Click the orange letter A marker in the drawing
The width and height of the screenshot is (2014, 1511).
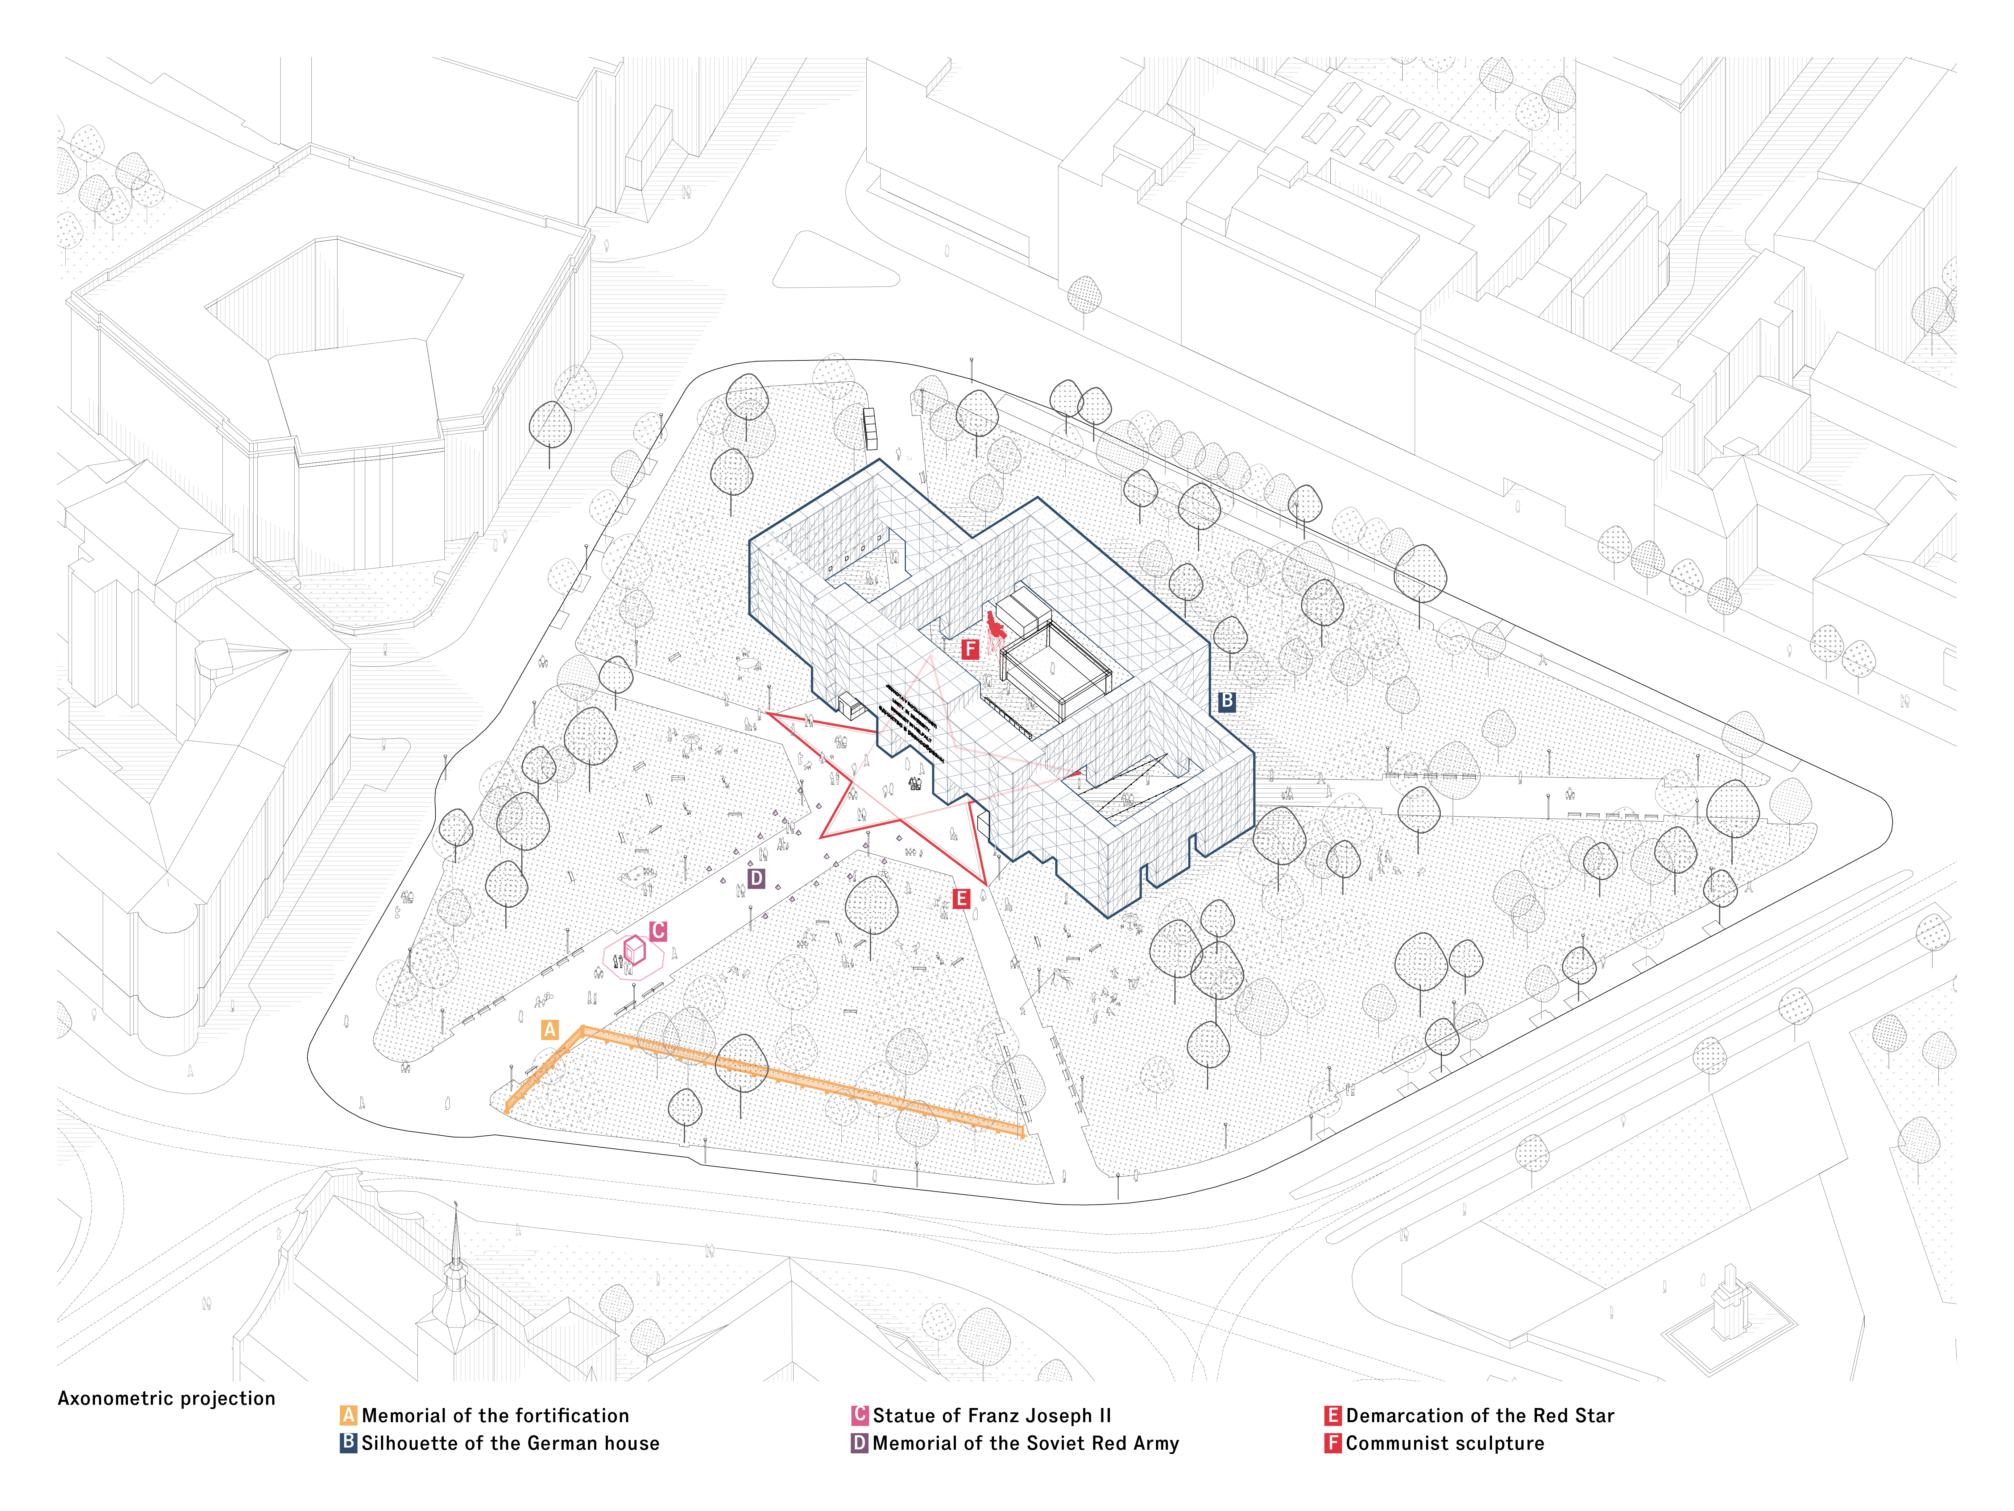pyautogui.click(x=549, y=1029)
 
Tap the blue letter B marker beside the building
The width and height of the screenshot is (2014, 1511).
pyautogui.click(x=1226, y=701)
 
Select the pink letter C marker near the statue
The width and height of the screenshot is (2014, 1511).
pyautogui.click(x=658, y=930)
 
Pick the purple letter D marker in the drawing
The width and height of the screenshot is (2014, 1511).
pyautogui.click(x=756, y=878)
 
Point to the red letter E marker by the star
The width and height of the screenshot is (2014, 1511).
pyautogui.click(x=961, y=899)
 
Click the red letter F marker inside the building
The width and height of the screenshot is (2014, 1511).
pyautogui.click(x=971, y=648)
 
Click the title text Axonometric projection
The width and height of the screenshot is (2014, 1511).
pyautogui.click(x=166, y=1398)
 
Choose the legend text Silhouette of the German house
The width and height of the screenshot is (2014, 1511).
pyautogui.click(x=510, y=1443)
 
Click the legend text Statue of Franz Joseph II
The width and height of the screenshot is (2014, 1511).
pyautogui.click(x=991, y=1415)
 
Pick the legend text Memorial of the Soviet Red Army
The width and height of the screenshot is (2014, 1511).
pyautogui.click(x=1025, y=1443)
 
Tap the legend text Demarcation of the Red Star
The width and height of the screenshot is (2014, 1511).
pyautogui.click(x=1480, y=1415)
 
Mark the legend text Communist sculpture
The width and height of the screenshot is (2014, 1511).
pyautogui.click(x=1445, y=1443)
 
